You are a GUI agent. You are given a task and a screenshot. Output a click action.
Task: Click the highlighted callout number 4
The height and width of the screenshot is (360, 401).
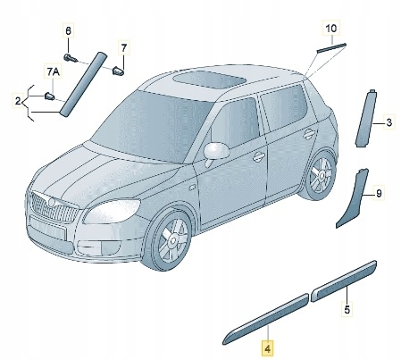click(x=267, y=348)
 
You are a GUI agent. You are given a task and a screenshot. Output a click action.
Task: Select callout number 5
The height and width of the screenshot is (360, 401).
click(x=347, y=309)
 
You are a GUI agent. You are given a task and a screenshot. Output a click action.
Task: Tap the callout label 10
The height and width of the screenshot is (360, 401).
click(x=331, y=29)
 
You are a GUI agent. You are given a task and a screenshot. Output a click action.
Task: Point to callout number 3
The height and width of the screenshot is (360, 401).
click(x=388, y=122)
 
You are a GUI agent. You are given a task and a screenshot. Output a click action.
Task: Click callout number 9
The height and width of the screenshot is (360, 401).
click(x=379, y=194)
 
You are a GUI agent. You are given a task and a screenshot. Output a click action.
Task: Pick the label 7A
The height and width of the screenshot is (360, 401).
click(x=53, y=71)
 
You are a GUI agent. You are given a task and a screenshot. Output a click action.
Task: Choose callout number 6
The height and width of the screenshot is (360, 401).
click(x=69, y=30)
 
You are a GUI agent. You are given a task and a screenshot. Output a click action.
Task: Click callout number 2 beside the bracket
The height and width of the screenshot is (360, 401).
click(x=18, y=101)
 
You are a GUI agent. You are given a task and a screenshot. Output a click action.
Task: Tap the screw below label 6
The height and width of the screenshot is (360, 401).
click(x=71, y=57)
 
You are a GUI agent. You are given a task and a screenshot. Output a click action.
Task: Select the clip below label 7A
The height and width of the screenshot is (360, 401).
click(x=49, y=96)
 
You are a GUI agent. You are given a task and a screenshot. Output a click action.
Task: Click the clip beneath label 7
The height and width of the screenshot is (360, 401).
click(x=119, y=71)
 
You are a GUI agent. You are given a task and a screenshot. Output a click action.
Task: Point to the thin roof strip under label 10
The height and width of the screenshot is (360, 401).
click(x=331, y=47)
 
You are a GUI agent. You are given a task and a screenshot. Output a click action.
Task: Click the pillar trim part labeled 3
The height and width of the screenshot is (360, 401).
click(x=366, y=118)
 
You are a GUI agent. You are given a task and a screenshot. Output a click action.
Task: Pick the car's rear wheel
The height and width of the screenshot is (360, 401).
click(x=318, y=175)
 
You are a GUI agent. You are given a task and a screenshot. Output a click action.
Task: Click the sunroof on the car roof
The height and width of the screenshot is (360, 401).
click(x=209, y=79)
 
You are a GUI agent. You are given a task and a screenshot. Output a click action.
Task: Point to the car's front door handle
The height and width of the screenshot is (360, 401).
click(x=259, y=156)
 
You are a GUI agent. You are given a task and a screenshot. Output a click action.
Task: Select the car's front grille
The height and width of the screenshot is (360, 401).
click(x=53, y=206)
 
